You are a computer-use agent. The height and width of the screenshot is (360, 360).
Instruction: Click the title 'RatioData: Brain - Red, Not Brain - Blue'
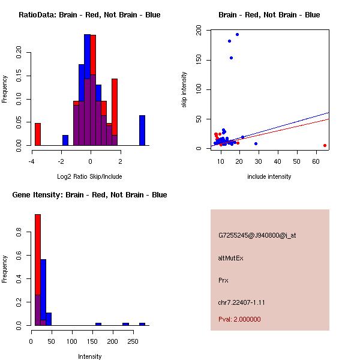89,14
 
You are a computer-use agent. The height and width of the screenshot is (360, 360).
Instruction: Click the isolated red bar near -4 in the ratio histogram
37,134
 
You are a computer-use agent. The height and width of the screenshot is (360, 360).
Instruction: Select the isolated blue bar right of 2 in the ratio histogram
142,130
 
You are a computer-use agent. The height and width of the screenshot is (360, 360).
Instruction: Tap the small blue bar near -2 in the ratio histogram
65,140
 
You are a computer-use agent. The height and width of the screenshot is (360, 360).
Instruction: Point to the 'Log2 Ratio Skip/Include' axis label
90,176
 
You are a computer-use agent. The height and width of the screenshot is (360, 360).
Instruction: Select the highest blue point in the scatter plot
237,35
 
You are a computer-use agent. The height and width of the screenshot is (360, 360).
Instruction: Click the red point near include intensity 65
325,145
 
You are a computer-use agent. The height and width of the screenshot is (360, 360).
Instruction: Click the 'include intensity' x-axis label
269,176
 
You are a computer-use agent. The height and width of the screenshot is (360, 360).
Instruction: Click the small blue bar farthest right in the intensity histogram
142,324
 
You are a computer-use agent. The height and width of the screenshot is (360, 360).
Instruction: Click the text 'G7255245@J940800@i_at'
257,235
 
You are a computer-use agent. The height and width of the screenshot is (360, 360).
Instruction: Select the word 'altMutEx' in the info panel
230,258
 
